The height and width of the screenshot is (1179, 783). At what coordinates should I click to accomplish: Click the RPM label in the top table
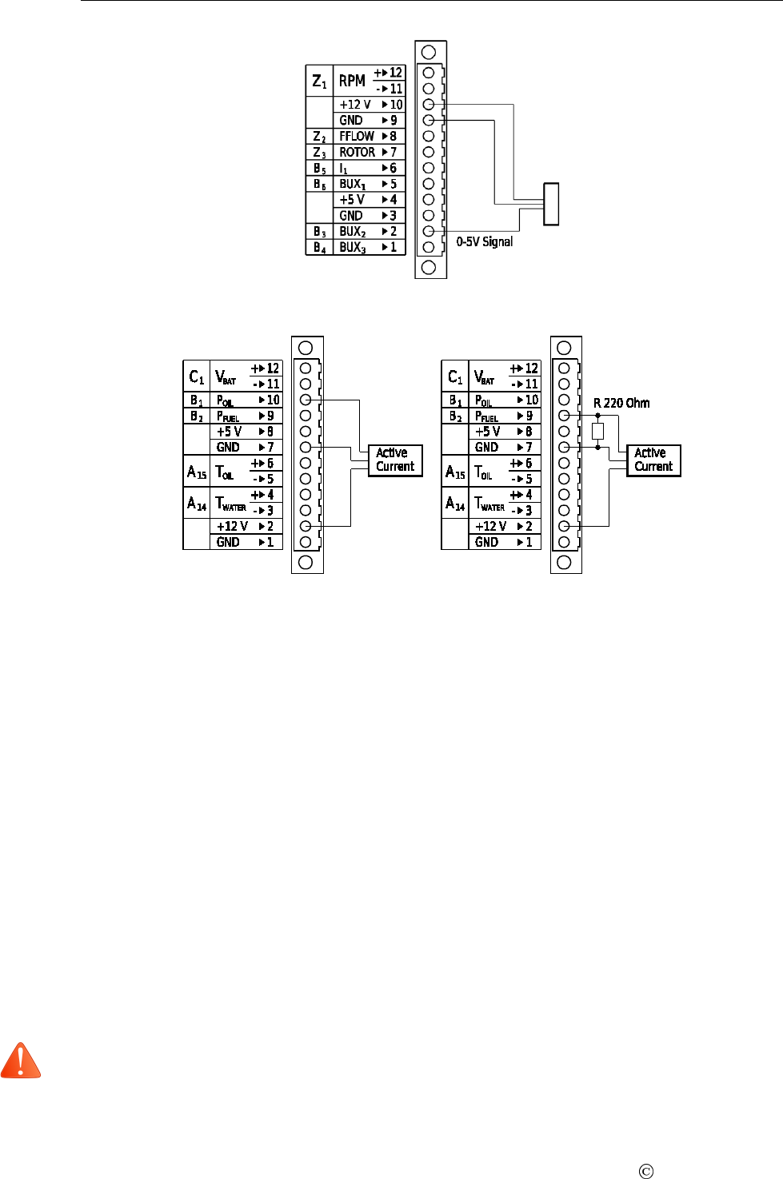(x=352, y=81)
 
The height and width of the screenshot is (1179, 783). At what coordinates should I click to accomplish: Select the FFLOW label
(x=356, y=136)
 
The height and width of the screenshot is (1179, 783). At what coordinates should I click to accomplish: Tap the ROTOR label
(x=357, y=152)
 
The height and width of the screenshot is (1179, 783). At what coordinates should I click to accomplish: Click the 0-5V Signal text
(x=485, y=241)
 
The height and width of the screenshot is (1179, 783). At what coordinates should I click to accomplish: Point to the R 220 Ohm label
(x=621, y=403)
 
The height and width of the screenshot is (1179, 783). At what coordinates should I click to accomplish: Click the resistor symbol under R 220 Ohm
(x=597, y=432)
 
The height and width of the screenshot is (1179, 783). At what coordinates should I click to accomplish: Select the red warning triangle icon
(x=21, y=1061)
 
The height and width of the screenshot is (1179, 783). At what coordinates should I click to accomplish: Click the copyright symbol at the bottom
(x=646, y=1172)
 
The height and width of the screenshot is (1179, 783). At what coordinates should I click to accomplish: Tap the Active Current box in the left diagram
(x=395, y=460)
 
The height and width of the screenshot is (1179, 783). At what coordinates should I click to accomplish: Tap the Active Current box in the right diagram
(x=653, y=460)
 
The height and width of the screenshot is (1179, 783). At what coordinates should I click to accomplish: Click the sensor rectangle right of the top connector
(x=550, y=204)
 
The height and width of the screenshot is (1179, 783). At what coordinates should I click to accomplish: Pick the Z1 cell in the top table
(x=319, y=81)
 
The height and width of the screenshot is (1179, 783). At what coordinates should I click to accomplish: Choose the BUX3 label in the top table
(x=353, y=248)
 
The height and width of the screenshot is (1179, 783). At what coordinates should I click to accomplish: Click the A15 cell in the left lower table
(x=197, y=472)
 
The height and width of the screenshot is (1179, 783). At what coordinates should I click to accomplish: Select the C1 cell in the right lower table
(x=455, y=376)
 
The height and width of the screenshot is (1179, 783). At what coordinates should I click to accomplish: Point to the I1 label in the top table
(x=344, y=169)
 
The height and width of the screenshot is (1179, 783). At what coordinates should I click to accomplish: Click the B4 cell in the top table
(x=319, y=248)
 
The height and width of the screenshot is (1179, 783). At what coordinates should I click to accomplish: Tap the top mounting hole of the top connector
(x=429, y=52)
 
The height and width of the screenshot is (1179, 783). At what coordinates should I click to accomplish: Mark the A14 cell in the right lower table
(x=455, y=504)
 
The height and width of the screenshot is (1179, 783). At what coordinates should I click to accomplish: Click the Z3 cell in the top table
(x=319, y=152)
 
